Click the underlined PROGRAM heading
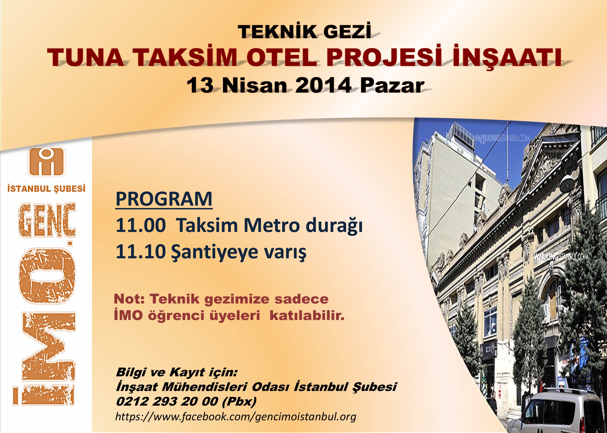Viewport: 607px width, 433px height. [x=164, y=199]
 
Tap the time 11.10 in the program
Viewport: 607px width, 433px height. [x=141, y=252]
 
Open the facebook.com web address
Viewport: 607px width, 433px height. [x=236, y=417]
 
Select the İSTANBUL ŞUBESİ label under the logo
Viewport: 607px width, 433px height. [x=46, y=189]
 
